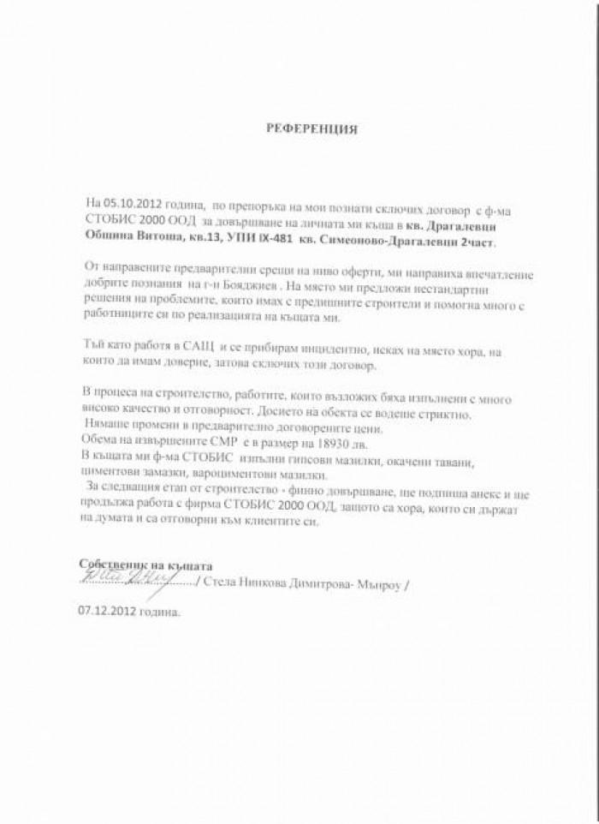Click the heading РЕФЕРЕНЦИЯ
(311, 129)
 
